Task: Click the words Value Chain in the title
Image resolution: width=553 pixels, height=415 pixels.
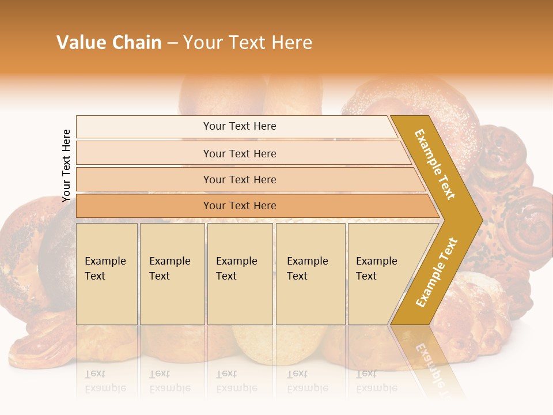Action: (109, 43)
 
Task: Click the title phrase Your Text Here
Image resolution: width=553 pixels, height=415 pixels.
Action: (248, 43)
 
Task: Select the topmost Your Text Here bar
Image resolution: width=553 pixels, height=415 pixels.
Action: (239, 126)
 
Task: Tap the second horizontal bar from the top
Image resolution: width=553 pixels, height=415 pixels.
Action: (239, 153)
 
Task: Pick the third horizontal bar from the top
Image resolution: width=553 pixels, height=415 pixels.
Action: (239, 179)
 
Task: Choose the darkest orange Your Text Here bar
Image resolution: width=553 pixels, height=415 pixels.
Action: (239, 206)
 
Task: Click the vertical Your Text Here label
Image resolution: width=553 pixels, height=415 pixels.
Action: (66, 165)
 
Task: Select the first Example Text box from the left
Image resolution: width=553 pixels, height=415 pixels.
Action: (107, 274)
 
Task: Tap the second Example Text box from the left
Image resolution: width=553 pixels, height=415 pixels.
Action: (172, 274)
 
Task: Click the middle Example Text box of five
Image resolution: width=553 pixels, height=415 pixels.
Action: (240, 274)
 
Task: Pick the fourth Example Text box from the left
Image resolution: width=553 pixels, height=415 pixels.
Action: (310, 274)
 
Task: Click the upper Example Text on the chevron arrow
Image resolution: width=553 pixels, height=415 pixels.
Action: (435, 164)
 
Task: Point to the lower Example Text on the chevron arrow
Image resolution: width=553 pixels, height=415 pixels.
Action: (437, 272)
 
